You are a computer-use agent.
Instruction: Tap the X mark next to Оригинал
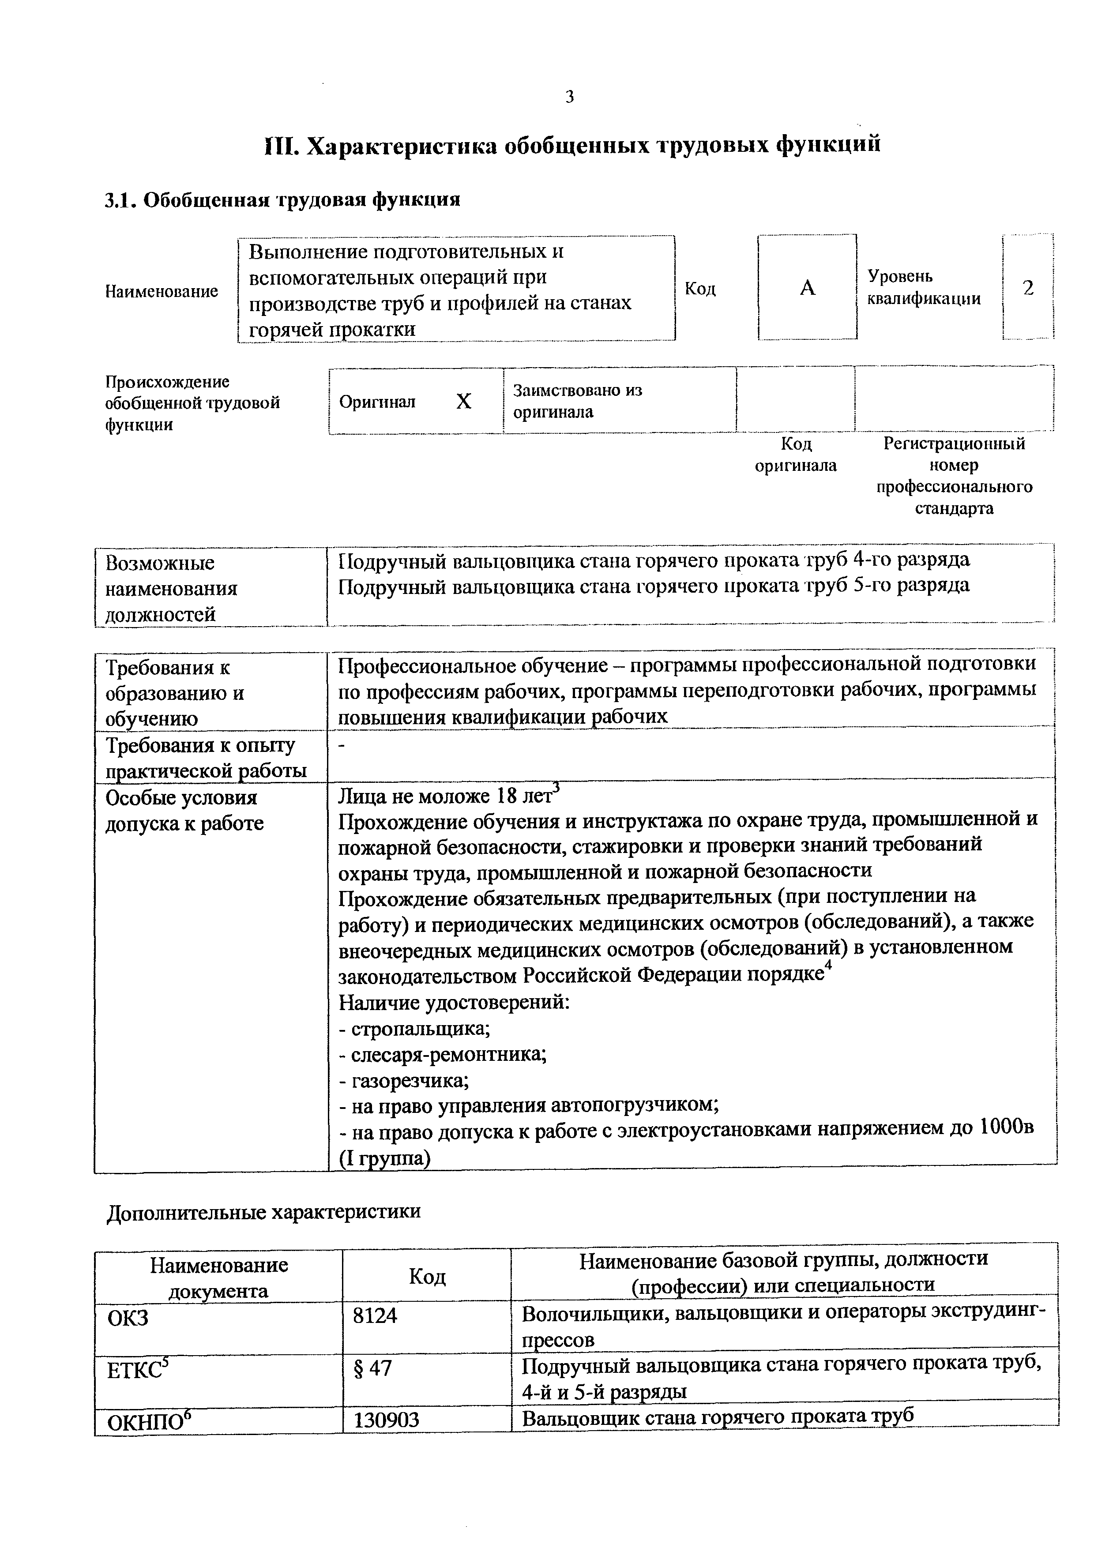point(464,402)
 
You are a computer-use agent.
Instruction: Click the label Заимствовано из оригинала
point(578,401)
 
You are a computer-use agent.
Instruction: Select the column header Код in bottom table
point(427,1276)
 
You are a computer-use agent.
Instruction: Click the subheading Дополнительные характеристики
point(263,1212)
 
